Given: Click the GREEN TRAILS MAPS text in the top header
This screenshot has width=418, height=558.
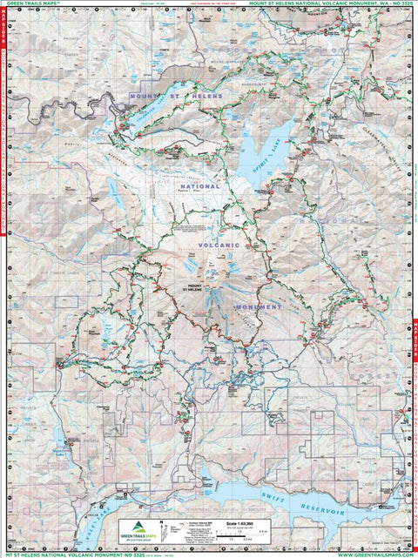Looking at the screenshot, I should [33, 6].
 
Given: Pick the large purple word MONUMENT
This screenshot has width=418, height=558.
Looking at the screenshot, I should [256, 306].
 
